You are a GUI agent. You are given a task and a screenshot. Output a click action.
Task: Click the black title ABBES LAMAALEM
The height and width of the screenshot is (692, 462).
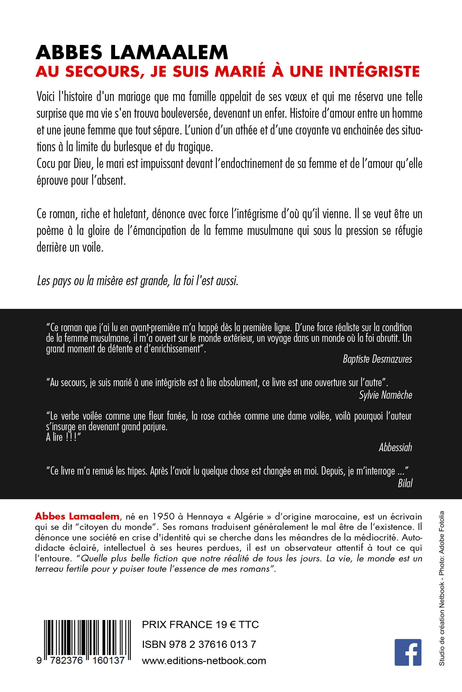click(x=132, y=52)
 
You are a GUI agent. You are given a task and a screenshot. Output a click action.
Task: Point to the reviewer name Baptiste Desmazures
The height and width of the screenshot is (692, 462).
click(x=377, y=359)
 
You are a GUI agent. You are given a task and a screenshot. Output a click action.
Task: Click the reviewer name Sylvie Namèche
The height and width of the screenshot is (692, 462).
click(x=385, y=395)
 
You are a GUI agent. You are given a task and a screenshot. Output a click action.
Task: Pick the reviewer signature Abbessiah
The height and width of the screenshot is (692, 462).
click(x=395, y=447)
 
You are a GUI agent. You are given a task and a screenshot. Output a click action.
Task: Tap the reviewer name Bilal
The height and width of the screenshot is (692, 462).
click(x=405, y=483)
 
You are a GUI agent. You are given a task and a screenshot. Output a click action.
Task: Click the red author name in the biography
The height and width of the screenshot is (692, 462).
click(x=77, y=516)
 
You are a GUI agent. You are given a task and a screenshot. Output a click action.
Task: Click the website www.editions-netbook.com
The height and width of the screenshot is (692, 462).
click(x=204, y=660)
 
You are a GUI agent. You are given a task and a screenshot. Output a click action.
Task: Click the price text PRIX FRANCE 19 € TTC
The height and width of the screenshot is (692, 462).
click(x=200, y=624)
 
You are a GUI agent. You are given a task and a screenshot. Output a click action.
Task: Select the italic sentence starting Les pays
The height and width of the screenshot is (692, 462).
click(x=138, y=281)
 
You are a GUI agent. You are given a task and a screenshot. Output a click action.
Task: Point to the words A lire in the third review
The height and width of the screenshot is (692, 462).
click(x=54, y=437)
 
